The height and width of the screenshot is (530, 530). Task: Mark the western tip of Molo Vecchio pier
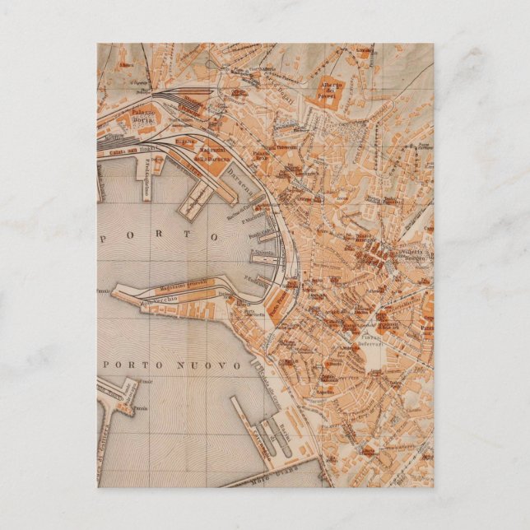coord(116,291)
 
